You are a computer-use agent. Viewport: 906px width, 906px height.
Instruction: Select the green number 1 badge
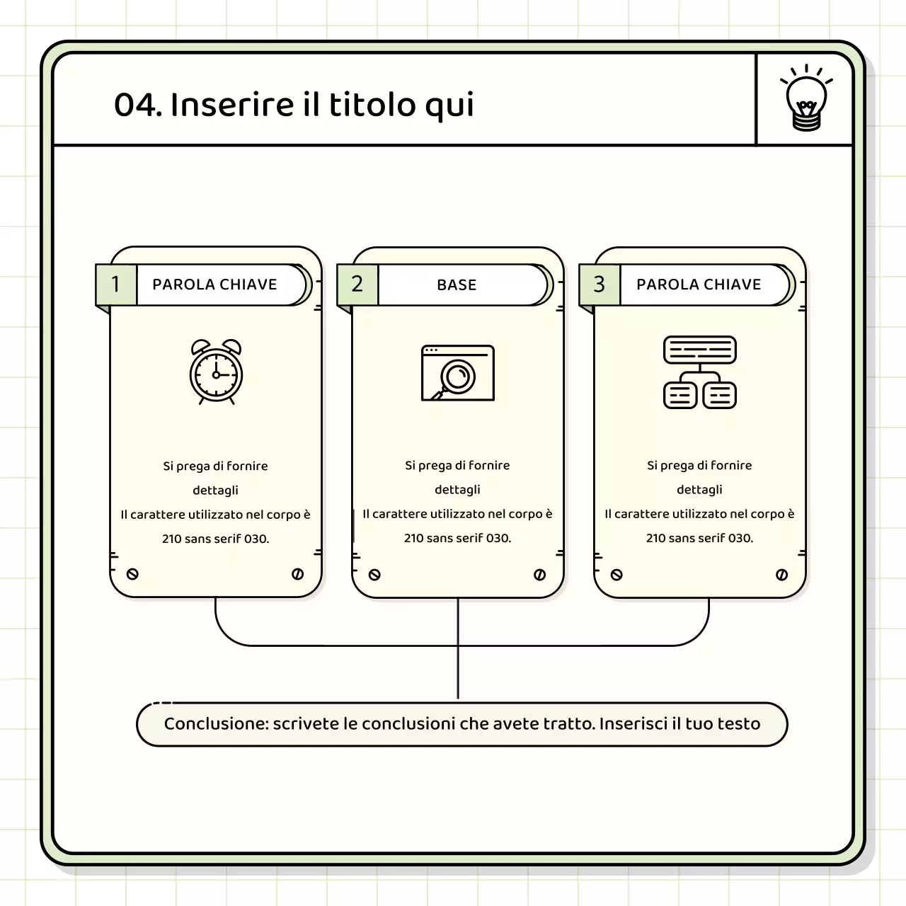click(115, 285)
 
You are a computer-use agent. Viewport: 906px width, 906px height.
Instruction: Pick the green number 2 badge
click(357, 285)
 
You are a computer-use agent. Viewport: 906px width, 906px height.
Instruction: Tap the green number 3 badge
click(600, 285)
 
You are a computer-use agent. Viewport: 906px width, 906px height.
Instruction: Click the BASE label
click(457, 285)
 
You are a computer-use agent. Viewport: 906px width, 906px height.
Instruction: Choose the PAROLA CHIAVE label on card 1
click(214, 285)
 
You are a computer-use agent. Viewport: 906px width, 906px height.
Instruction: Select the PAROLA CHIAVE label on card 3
click(699, 285)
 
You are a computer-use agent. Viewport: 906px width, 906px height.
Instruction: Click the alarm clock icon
click(216, 372)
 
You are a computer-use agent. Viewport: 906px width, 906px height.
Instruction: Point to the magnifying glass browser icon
click(457, 373)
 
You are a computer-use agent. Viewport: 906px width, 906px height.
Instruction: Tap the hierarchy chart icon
click(699, 372)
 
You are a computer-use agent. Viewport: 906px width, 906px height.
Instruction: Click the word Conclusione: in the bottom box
click(215, 724)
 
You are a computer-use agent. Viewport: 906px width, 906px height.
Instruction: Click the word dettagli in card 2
click(457, 490)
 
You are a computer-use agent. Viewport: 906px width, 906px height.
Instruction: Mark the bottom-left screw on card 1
click(132, 574)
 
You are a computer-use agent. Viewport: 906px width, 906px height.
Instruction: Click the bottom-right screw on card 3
click(781, 575)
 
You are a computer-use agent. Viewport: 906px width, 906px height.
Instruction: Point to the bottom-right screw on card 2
click(539, 575)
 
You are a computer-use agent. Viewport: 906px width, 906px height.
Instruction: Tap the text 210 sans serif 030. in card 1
click(215, 539)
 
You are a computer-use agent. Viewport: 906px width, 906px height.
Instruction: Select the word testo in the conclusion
click(739, 724)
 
